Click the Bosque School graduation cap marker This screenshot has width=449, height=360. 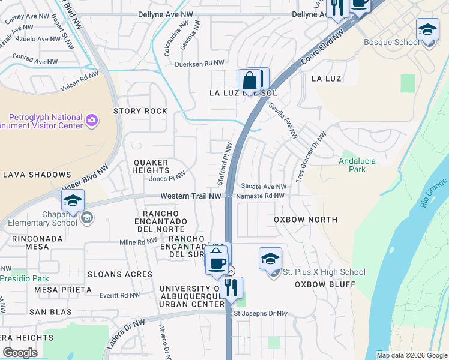(x=427, y=29)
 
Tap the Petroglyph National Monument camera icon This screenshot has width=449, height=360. (x=92, y=120)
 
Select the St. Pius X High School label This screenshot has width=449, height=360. (x=324, y=272)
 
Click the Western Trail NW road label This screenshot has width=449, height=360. (x=191, y=196)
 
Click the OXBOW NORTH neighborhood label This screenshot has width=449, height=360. (x=306, y=220)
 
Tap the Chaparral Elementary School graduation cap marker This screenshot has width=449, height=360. (x=73, y=200)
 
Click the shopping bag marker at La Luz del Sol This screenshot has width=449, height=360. (x=249, y=80)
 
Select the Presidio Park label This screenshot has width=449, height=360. (x=24, y=278)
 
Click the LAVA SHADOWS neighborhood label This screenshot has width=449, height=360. (x=37, y=175)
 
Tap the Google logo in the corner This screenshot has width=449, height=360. (x=20, y=353)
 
